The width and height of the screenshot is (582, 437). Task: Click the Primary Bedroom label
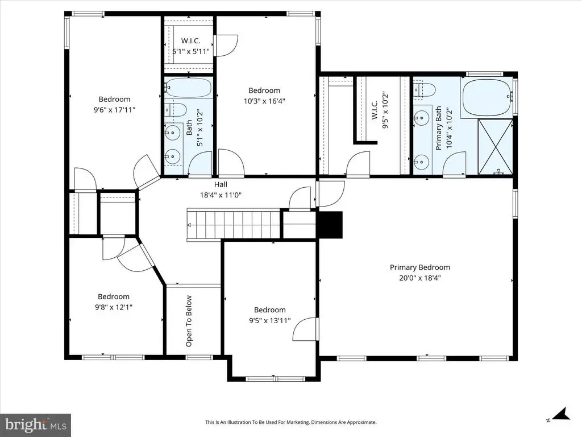(420, 267)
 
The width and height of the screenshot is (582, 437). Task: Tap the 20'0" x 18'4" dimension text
(420, 278)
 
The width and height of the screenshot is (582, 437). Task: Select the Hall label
(221, 184)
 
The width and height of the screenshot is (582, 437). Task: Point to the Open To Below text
(189, 321)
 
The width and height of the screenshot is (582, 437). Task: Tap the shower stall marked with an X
(496, 147)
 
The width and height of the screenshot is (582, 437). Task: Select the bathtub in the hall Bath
(188, 88)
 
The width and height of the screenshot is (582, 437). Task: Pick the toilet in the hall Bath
(176, 110)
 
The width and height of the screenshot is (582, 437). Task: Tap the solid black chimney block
(330, 224)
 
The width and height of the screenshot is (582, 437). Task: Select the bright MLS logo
(35, 424)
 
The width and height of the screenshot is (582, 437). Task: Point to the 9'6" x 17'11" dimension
(114, 110)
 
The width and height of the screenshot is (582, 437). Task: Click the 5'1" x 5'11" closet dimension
(191, 51)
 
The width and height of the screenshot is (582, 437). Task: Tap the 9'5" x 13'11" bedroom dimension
(270, 320)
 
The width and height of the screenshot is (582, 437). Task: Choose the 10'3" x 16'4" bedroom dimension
(264, 101)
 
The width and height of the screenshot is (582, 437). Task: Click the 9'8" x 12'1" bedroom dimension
(114, 307)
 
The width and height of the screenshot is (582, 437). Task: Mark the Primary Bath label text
(439, 128)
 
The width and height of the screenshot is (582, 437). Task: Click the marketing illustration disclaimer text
(291, 422)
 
